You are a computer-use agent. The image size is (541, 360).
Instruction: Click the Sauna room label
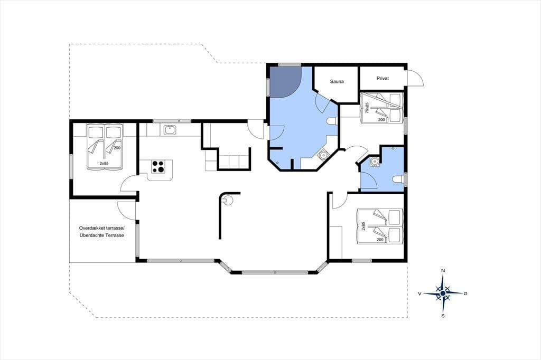tap(337, 82)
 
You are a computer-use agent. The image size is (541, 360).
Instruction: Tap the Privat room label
tap(383, 78)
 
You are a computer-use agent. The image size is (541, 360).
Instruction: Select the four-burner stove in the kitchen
tap(158, 167)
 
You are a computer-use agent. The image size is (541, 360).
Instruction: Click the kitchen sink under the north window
tap(170, 130)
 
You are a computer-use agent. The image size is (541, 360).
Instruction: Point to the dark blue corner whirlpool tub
tap(284, 81)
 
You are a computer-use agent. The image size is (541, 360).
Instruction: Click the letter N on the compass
tap(443, 271)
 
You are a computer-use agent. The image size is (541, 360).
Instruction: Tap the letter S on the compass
tap(443, 316)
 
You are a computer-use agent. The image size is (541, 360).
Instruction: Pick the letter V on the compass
tap(419, 293)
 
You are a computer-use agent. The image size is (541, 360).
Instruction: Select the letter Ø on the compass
tap(465, 293)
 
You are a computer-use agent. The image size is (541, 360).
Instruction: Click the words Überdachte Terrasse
tap(101, 235)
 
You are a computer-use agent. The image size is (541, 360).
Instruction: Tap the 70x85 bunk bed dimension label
tap(367, 108)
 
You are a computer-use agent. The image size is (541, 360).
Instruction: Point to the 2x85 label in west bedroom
tap(104, 164)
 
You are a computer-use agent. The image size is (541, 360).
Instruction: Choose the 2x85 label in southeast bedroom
tap(363, 226)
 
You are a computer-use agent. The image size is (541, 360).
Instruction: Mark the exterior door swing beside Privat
tap(415, 78)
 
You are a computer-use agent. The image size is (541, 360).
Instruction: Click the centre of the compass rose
tap(443, 293)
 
